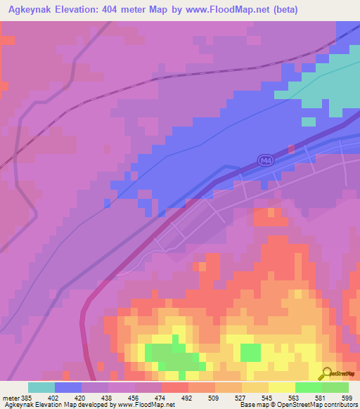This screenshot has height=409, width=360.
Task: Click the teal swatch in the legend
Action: pyautogui.click(x=41, y=387)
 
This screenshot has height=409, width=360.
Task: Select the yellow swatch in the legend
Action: pyautogui.click(x=282, y=387)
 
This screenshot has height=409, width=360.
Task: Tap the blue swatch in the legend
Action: pyautogui.click(x=68, y=387)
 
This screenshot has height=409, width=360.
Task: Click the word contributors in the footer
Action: pyautogui.click(x=339, y=405)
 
